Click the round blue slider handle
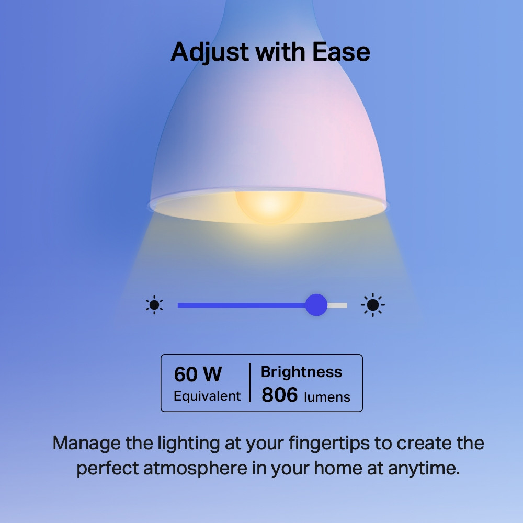[316, 305]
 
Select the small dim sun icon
[154, 305]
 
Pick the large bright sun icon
[373, 305]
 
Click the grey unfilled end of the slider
[338, 305]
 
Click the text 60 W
[198, 374]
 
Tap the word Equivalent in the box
[207, 396]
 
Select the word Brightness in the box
[301, 372]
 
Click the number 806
[279, 395]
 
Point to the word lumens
[327, 397]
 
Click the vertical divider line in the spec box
[249, 383]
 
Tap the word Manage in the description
[87, 443]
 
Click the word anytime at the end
[424, 469]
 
